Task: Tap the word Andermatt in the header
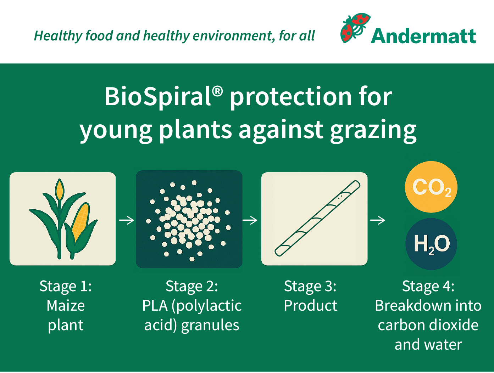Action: [423, 36]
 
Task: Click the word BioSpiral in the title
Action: [157, 97]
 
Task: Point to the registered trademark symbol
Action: [217, 91]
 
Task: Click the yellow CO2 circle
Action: [431, 187]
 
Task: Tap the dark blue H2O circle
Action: [431, 244]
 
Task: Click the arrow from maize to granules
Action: [127, 220]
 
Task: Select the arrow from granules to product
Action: [250, 220]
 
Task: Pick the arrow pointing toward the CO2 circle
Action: [378, 220]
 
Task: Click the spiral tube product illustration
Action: [317, 218]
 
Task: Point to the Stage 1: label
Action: [66, 286]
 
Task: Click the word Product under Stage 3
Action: [310, 306]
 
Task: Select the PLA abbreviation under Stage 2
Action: [155, 306]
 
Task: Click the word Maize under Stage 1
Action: [66, 306]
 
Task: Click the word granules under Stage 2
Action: [210, 326]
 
